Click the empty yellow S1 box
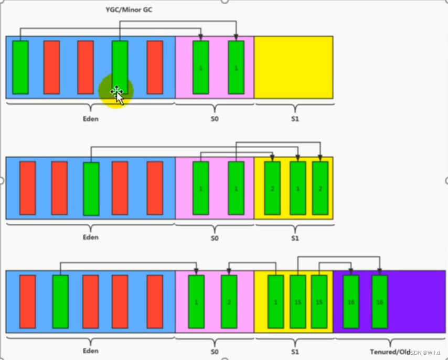point(293,67)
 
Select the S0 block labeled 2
point(229,302)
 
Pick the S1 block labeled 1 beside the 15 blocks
point(276,302)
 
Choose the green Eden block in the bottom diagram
point(60,302)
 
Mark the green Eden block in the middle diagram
point(91,189)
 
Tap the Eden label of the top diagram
point(90,118)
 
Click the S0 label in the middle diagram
point(214,237)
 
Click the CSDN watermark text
point(424,352)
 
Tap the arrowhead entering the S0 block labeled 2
point(229,272)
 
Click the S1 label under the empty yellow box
point(294,118)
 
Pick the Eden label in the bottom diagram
point(90,351)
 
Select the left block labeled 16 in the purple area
point(351,302)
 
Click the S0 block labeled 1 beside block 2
point(196,302)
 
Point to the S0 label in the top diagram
point(214,118)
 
